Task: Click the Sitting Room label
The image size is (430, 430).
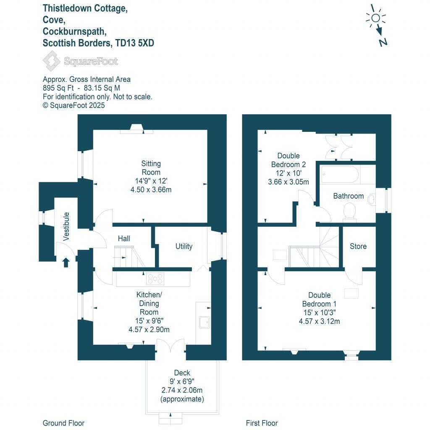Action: [x=151, y=168]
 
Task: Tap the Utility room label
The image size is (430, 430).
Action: [x=184, y=246]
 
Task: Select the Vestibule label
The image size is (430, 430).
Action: [x=66, y=227]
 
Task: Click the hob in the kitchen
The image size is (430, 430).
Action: [x=155, y=279]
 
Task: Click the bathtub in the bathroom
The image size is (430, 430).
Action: [x=340, y=174]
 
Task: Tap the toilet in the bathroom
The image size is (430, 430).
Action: [x=349, y=211]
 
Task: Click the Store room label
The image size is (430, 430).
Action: [x=358, y=246]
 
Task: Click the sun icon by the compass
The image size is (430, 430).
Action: [x=375, y=18]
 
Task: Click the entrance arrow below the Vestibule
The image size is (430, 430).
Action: [x=66, y=263]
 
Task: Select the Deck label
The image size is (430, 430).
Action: [x=182, y=373]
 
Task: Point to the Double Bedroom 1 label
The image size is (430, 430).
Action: [x=319, y=299]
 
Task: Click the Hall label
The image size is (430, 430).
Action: [x=124, y=239]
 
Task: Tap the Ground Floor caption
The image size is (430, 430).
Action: [x=63, y=423]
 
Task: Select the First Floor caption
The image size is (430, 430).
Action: [x=262, y=423]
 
